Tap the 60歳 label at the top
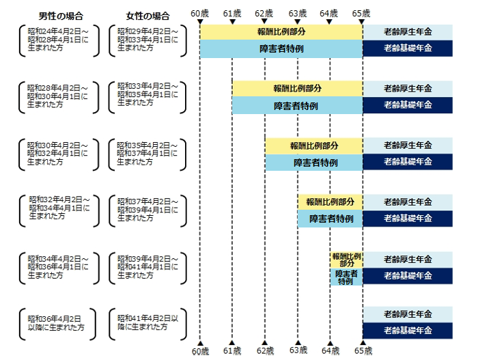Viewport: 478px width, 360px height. [200, 13]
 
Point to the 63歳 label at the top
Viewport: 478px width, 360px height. [298, 13]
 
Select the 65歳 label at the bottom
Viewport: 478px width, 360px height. [363, 350]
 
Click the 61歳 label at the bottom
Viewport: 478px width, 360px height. [232, 350]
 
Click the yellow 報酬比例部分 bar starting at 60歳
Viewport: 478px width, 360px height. [281, 31]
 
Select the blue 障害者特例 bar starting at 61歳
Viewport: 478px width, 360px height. [296, 106]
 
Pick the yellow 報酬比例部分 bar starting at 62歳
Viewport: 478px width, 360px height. [313, 146]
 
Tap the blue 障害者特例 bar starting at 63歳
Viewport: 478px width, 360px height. [330, 219]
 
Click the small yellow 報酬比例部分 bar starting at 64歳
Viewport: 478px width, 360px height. [346, 260]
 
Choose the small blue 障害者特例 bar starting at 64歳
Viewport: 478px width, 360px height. [346, 277]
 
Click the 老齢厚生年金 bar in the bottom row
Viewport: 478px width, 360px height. [408, 314]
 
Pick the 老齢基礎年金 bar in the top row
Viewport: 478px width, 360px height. [408, 49]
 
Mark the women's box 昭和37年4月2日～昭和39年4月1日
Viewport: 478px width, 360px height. [147, 210]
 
